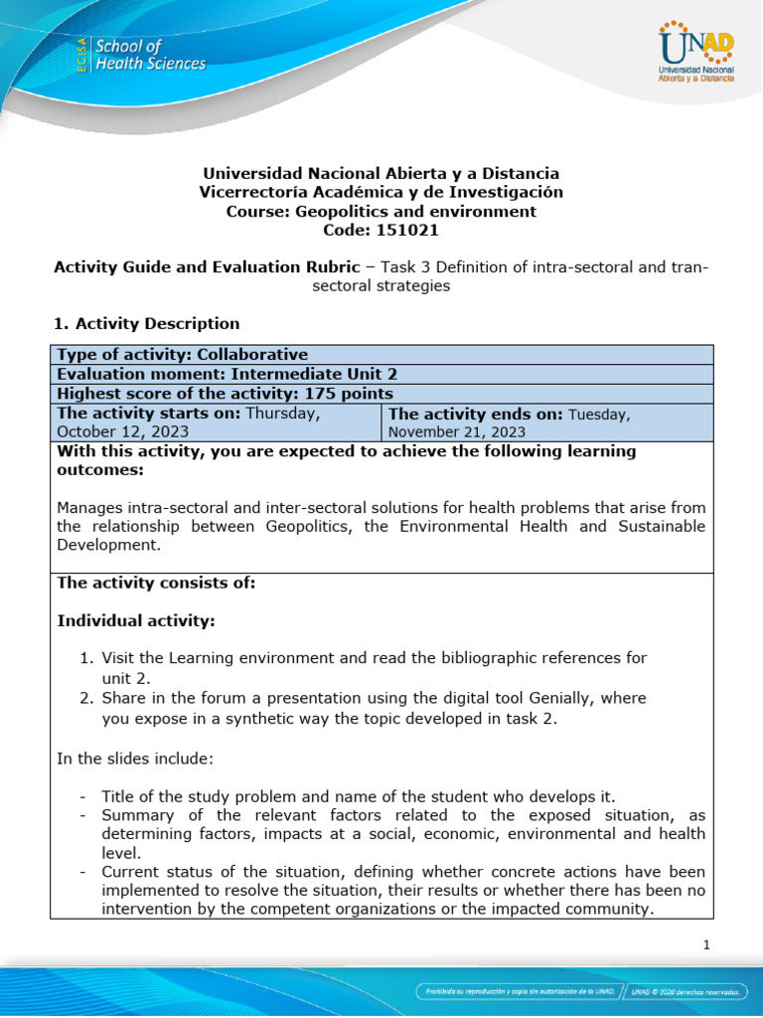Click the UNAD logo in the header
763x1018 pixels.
pyautogui.click(x=694, y=54)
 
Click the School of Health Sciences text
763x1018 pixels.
pyautogui.click(x=149, y=56)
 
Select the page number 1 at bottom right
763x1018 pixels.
pyautogui.click(x=705, y=945)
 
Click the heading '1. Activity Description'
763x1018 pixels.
pyautogui.click(x=147, y=323)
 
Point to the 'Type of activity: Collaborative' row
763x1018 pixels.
pyautogui.click(x=182, y=355)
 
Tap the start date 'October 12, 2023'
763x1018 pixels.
pyautogui.click(x=122, y=431)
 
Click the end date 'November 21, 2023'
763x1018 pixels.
pyautogui.click(x=456, y=431)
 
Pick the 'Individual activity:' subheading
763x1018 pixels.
pyautogui.click(x=136, y=620)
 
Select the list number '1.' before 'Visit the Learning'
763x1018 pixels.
pyautogui.click(x=87, y=657)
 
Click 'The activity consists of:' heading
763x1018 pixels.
pyautogui.click(x=156, y=584)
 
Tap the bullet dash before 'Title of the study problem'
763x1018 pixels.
pyautogui.click(x=81, y=796)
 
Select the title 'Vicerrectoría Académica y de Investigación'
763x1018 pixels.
pyautogui.click(x=381, y=192)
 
